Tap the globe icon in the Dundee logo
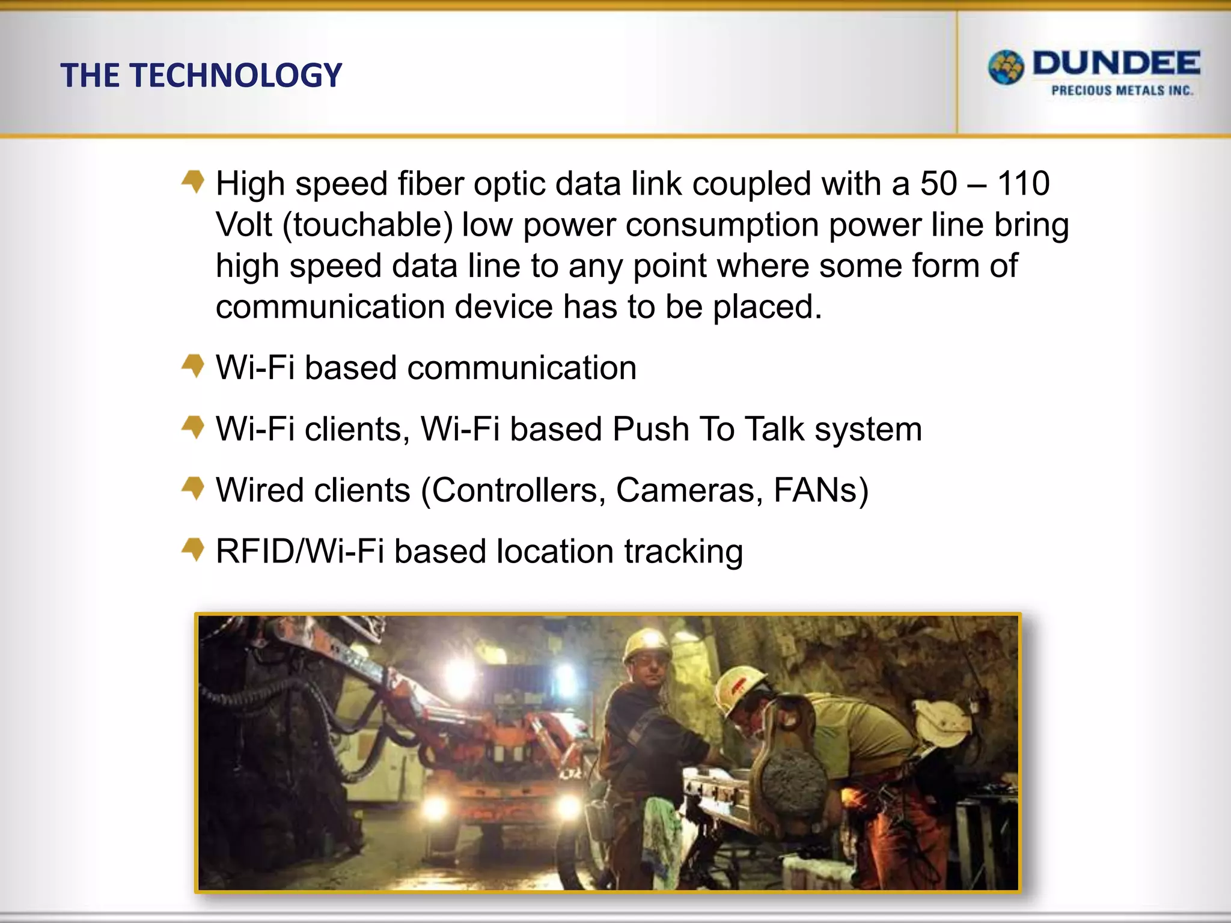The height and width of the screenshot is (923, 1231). tap(1006, 67)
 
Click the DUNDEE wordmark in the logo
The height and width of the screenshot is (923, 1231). tap(1116, 64)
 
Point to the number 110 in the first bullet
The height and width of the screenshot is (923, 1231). tap(1023, 183)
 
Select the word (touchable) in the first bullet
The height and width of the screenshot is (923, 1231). tap(367, 225)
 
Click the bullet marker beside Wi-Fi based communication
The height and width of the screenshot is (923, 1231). tap(193, 365)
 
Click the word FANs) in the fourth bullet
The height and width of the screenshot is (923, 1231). tap(821, 490)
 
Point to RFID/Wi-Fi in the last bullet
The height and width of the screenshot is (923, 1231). tap(299, 552)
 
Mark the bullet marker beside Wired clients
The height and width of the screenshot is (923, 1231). tap(193, 487)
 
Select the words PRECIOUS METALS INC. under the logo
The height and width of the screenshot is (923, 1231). tap(1122, 91)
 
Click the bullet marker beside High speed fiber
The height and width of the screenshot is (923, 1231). tap(193, 181)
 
